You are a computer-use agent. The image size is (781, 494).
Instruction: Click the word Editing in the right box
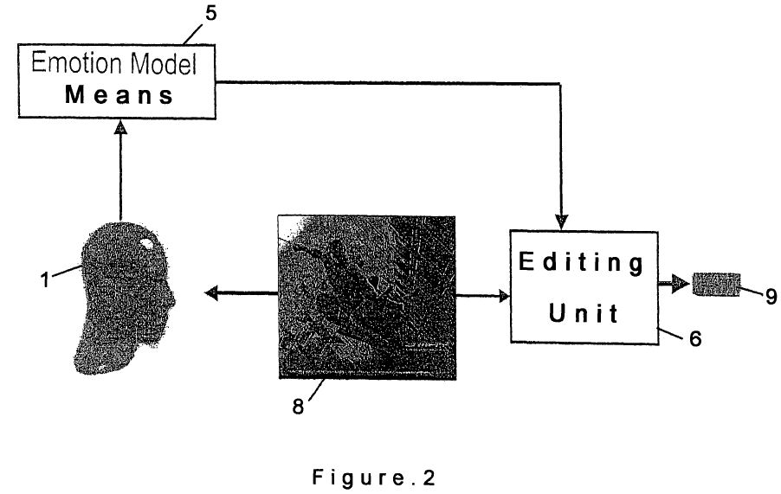pos(582,263)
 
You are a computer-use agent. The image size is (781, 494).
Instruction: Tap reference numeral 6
pos(694,339)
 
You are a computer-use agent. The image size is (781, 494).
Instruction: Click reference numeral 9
pos(770,296)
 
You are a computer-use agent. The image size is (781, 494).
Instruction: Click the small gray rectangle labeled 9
pos(717,283)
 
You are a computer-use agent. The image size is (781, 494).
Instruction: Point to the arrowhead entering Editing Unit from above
pos(564,223)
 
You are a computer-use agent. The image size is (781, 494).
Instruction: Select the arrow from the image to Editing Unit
pos(481,296)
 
